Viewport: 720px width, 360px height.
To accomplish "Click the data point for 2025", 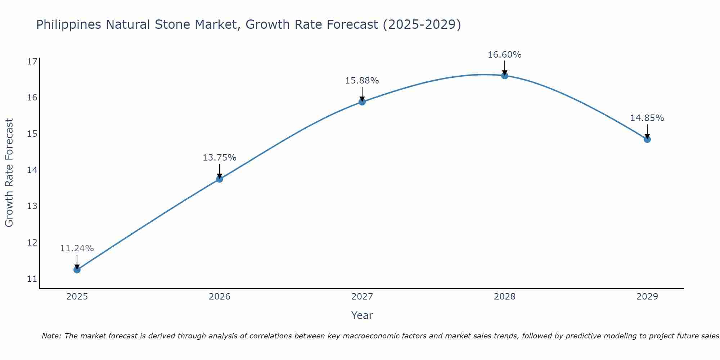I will (x=77, y=270).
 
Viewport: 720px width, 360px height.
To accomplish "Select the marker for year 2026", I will (x=219, y=179).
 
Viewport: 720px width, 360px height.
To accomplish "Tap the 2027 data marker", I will (x=362, y=102).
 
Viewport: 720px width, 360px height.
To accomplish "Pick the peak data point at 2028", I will (x=504, y=76).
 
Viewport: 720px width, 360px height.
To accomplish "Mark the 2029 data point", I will (x=647, y=139).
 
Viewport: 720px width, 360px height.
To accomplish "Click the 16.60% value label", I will (x=504, y=55).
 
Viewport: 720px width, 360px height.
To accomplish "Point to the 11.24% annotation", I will (x=77, y=248).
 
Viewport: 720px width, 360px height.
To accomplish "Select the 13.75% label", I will (x=219, y=158).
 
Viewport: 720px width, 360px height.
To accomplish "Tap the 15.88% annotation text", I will (x=362, y=81).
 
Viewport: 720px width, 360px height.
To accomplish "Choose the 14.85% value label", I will (x=647, y=118).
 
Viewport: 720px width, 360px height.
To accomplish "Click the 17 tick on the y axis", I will (x=32, y=62).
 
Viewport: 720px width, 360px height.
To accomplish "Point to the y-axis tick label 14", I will (x=32, y=170).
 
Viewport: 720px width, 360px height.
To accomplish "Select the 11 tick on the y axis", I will (x=32, y=279).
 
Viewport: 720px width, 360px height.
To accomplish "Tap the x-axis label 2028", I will (x=504, y=297).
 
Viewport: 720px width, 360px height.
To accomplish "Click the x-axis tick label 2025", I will (x=77, y=297).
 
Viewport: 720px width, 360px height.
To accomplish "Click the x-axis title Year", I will (x=362, y=315).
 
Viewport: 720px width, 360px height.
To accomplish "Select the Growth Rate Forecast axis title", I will (x=9, y=173).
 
